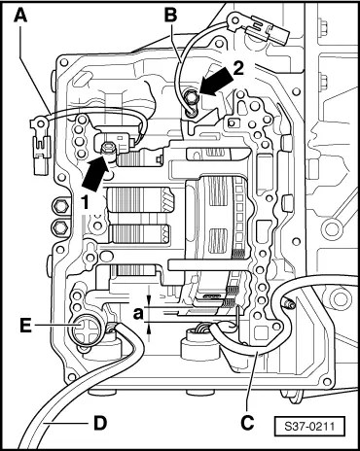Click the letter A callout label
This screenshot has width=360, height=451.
click(20, 15)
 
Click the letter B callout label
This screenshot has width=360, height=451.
click(170, 15)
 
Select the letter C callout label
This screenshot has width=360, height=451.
click(247, 423)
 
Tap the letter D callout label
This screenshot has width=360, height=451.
click(100, 423)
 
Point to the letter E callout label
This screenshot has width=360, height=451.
click(25, 326)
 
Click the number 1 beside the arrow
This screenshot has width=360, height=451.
click(85, 203)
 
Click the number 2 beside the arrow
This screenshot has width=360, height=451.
click(238, 69)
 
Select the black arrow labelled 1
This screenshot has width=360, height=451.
click(95, 173)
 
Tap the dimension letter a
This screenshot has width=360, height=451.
click(138, 313)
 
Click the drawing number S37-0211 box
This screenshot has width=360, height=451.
click(309, 426)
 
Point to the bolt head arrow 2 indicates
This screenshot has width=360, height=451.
click(191, 97)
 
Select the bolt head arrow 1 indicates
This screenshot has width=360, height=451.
click(108, 149)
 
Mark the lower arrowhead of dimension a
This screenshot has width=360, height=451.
click(149, 329)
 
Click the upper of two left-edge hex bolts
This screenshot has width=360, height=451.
click(60, 206)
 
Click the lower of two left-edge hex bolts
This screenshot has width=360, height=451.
click(60, 226)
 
